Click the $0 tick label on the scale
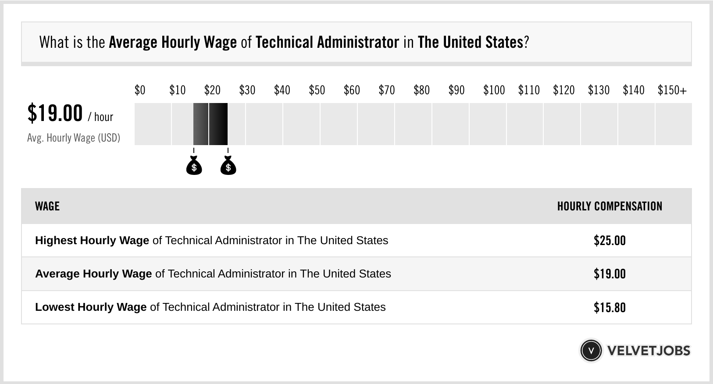140,90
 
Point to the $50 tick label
317,90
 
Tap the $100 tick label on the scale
494,90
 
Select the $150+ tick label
672,90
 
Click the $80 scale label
421,90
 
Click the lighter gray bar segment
201,124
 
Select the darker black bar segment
218,124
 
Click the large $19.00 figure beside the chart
55,113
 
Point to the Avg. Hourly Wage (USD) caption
74,138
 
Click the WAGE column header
47,206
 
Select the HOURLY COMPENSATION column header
610,206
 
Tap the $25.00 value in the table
610,241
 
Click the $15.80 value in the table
610,307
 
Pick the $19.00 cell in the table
610,274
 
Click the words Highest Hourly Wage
92,241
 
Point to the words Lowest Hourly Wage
91,307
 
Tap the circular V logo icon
591,351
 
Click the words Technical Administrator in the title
327,43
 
